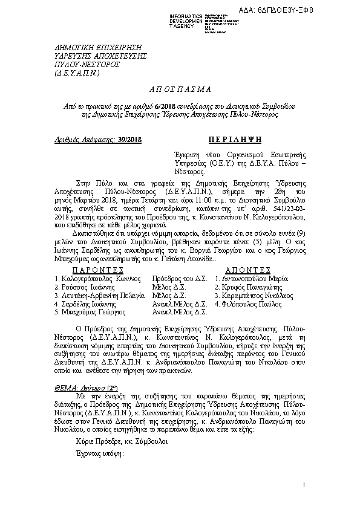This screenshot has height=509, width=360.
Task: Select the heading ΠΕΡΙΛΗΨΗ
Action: [x=235, y=140]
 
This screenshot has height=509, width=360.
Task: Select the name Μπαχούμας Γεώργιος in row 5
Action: [x=90, y=313]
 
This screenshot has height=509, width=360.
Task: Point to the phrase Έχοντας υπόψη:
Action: [x=96, y=455]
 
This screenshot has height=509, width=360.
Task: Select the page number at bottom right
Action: [x=303, y=485]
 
